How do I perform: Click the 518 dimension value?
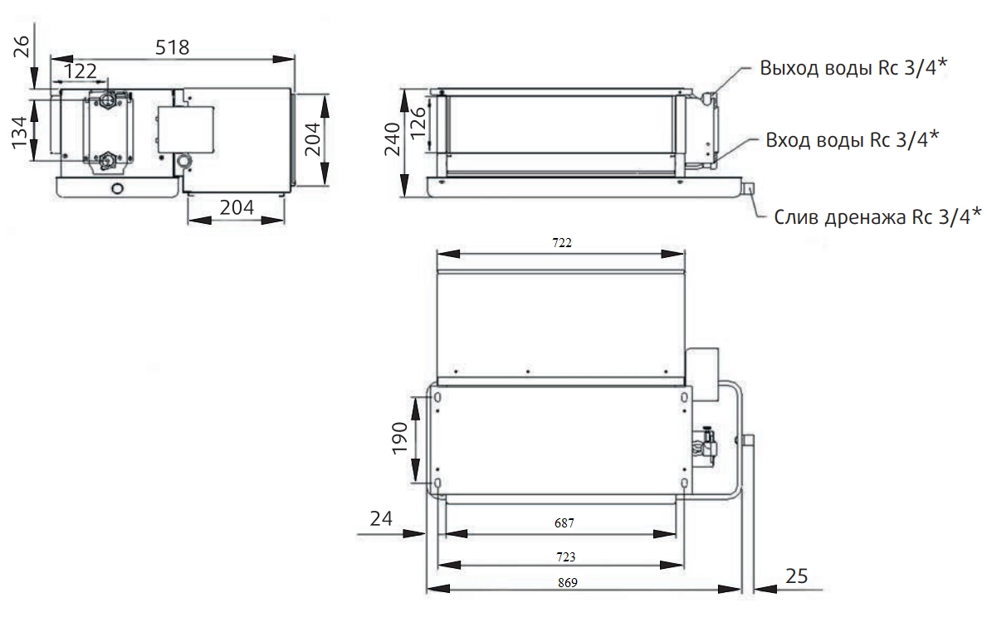click(x=172, y=47)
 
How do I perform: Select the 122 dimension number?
click(x=81, y=70)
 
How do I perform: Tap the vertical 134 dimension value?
click(x=22, y=132)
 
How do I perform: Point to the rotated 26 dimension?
click(x=22, y=46)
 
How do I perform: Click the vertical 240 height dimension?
click(x=392, y=139)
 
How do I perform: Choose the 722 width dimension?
click(x=562, y=243)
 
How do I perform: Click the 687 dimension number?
click(x=564, y=522)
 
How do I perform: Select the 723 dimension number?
click(x=566, y=556)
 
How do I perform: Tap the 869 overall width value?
click(x=567, y=582)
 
